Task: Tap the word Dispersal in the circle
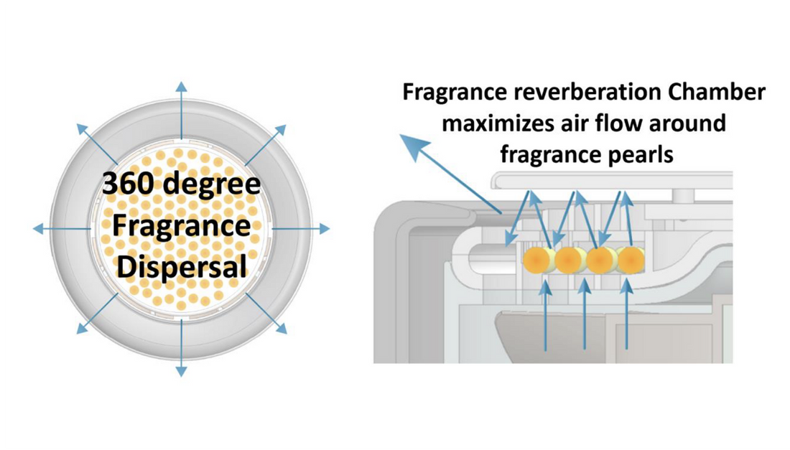[181, 266]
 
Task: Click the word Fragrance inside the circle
[181, 225]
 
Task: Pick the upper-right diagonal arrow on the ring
[266, 144]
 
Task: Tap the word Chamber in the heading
[720, 93]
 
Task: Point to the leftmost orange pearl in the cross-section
[535, 260]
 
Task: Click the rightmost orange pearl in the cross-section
[631, 260]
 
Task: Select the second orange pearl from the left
[567, 260]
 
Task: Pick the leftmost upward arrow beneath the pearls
[547, 316]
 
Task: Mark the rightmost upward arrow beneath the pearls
[627, 316]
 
